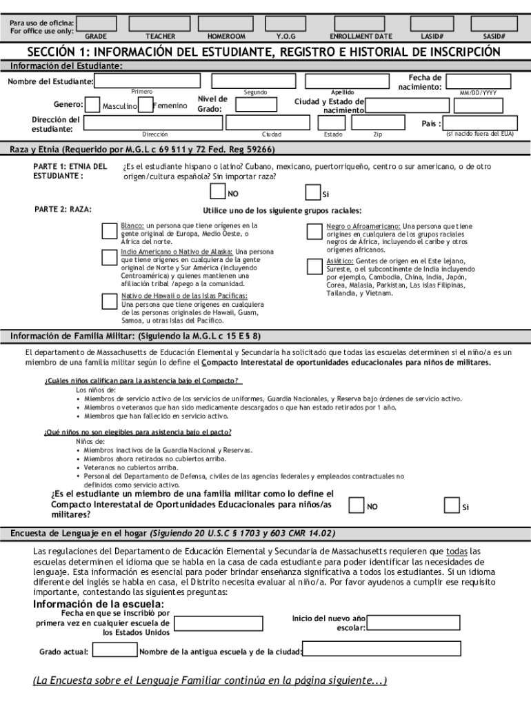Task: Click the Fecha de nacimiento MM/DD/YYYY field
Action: (x=479, y=81)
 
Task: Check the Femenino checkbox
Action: (x=145, y=105)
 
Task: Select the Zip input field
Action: (x=377, y=123)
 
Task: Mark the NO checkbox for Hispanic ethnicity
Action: (x=217, y=193)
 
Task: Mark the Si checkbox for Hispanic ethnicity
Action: (x=312, y=193)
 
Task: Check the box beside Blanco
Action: (x=109, y=230)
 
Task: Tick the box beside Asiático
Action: (x=314, y=266)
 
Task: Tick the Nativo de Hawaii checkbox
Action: (x=109, y=301)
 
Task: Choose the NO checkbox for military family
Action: (x=356, y=505)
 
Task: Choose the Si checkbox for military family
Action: (x=452, y=505)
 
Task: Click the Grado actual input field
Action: (x=114, y=649)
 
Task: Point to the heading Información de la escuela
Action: (x=99, y=605)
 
